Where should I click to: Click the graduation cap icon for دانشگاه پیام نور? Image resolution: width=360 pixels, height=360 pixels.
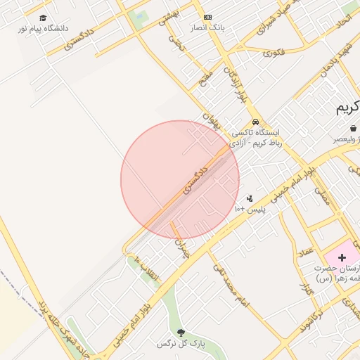43,18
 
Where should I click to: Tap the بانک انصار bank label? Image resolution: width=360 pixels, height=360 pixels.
207,29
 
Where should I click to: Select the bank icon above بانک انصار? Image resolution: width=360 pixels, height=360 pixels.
207,17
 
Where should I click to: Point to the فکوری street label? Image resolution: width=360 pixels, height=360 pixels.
273,52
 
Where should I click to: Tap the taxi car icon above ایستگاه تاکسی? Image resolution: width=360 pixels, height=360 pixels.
255,121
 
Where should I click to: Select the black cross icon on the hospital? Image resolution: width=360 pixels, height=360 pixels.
342,258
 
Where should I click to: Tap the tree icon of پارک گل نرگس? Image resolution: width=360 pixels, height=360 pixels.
182,332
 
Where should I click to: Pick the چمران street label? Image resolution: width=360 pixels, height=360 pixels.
181,246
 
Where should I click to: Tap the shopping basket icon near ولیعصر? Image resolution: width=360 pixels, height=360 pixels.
352,129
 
